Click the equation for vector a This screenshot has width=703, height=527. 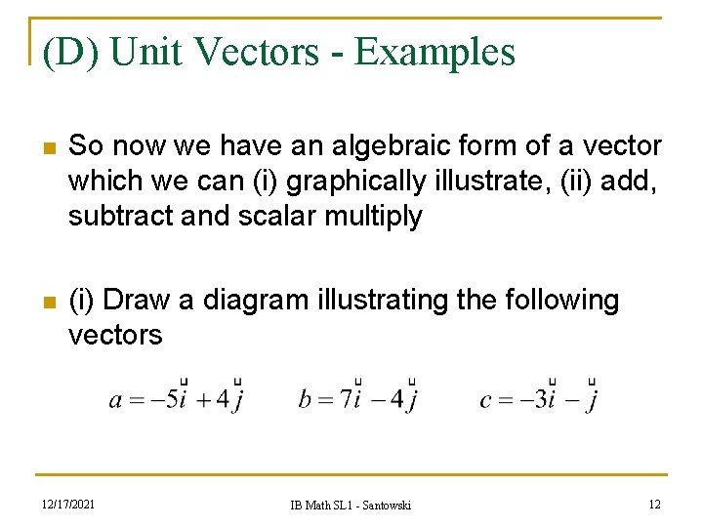177,399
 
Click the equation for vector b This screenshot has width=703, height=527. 359,399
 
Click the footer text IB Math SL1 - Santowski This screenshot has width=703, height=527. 351,505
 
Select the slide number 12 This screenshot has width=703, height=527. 653,504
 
